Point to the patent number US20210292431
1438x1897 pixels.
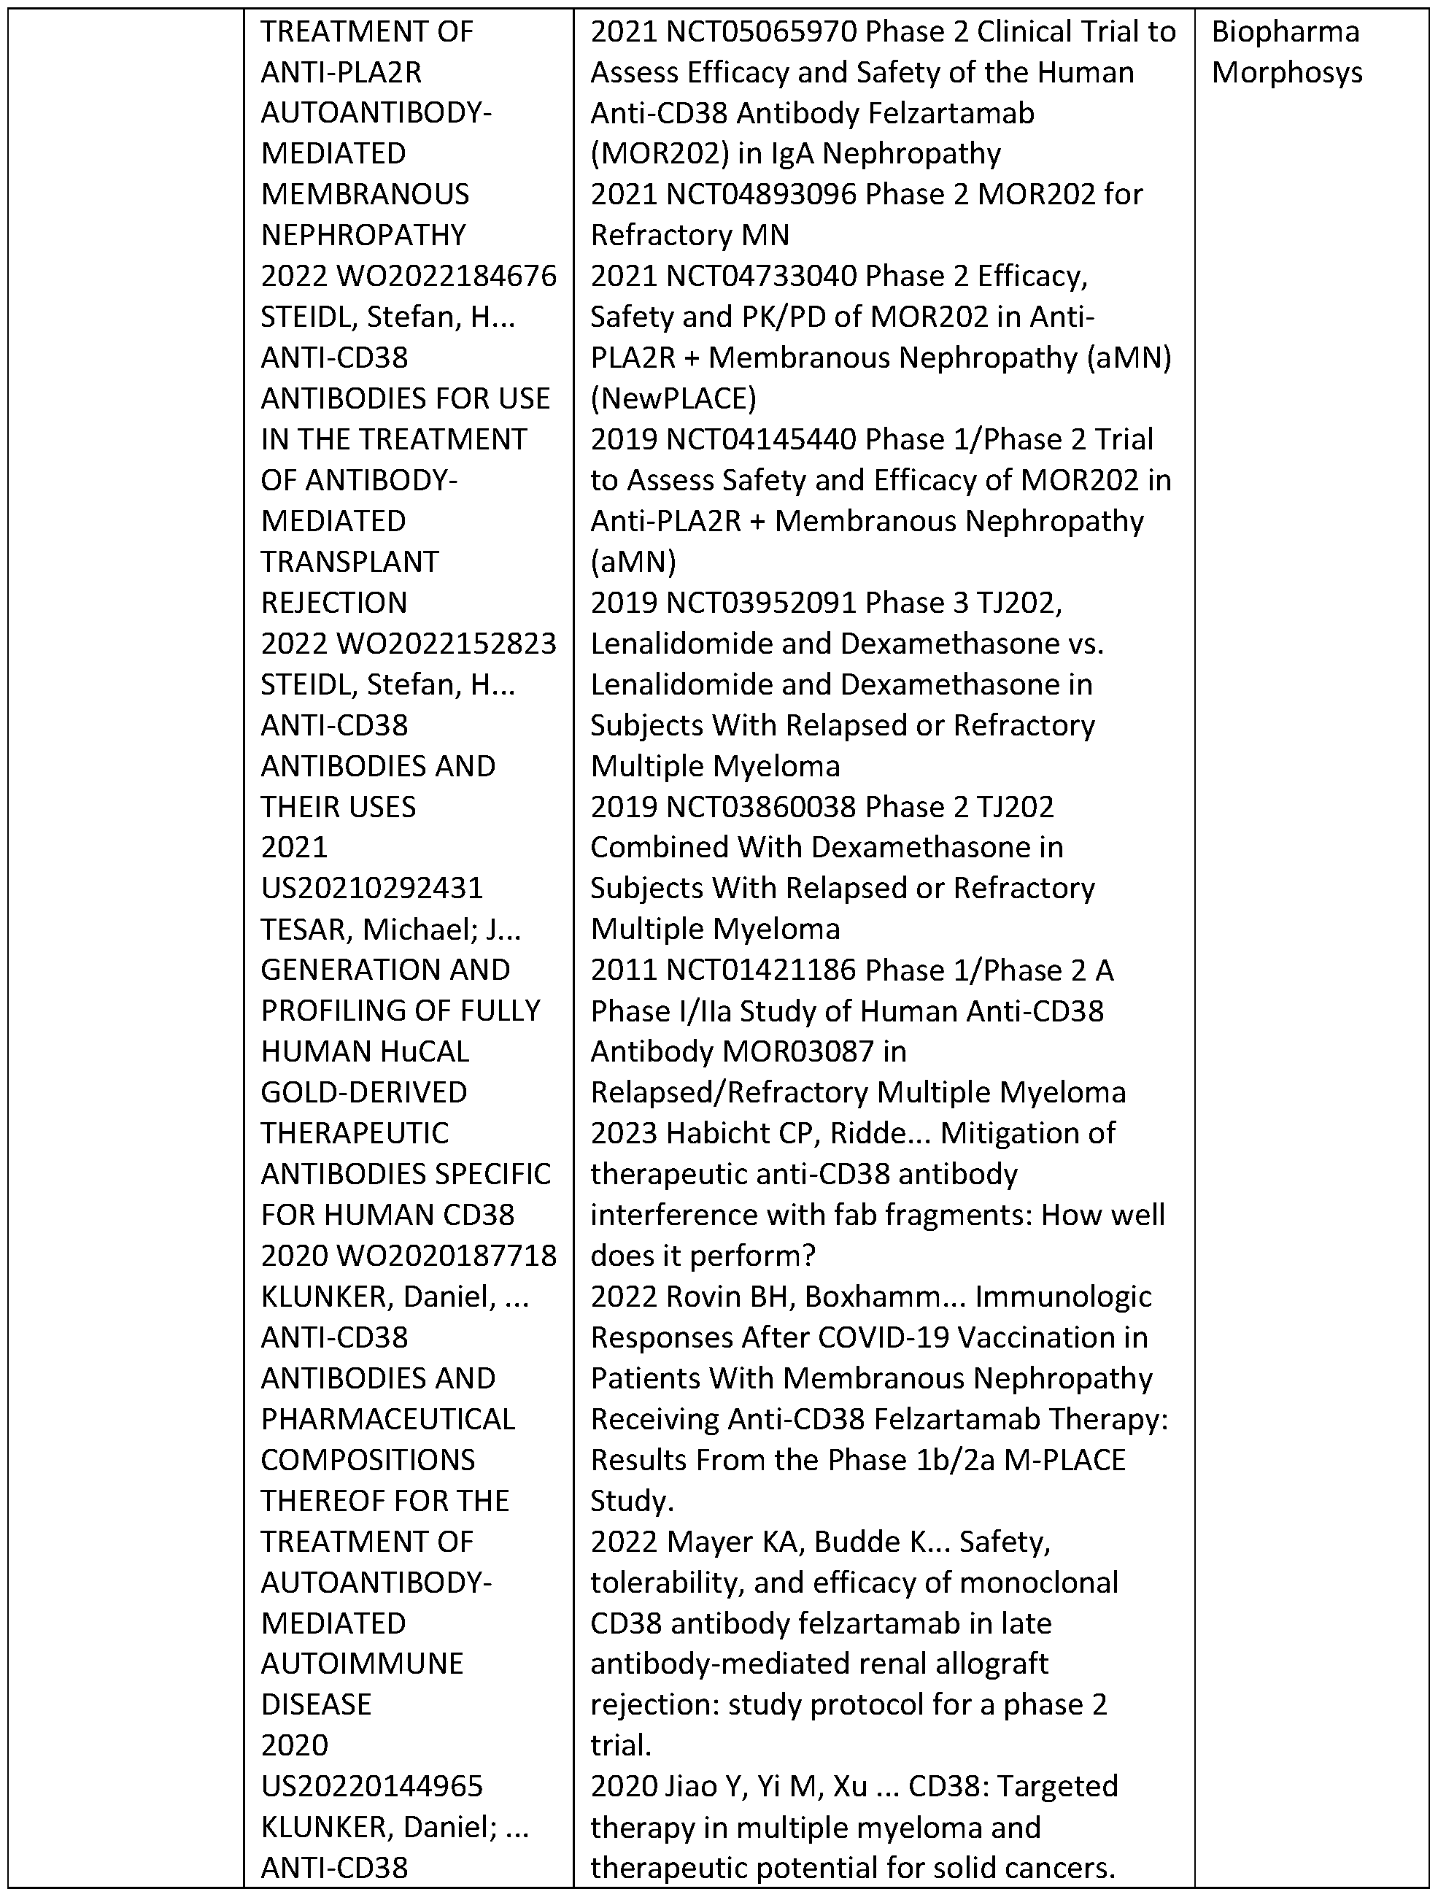click(372, 889)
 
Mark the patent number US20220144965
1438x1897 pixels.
click(372, 1786)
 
